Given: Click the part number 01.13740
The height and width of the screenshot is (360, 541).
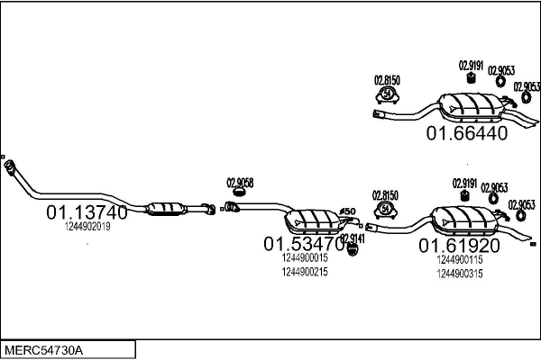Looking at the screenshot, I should pos(87,213).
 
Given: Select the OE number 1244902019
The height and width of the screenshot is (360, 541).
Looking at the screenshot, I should pos(87,227).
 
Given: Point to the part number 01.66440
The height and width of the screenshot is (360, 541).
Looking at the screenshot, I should pos(467,134).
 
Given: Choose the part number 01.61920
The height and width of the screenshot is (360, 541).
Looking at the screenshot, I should pos(458,245).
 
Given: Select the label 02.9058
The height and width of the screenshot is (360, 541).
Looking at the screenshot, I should pos(239,183).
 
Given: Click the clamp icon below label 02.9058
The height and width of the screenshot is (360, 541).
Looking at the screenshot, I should pos(240,192).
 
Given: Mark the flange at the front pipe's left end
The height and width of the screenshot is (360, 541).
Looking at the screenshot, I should pos(12,168).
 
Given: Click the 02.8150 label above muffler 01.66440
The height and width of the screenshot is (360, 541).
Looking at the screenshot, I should pos(387,80).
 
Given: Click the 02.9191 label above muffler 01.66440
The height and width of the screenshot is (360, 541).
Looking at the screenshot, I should pos(472,64).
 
